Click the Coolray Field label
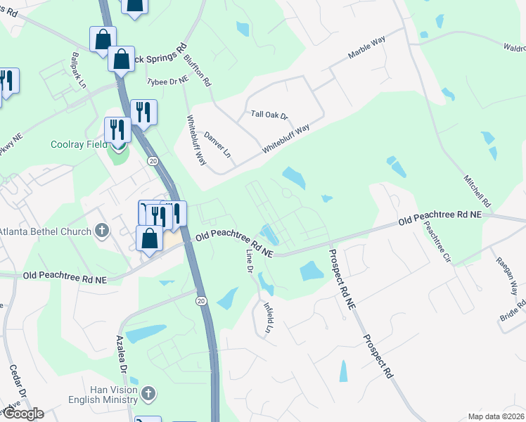click(x=77, y=145)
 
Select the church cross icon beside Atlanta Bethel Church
click(x=102, y=231)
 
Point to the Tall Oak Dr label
click(x=270, y=115)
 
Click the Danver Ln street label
click(x=217, y=143)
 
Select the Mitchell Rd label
click(x=477, y=190)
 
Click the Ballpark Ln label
click(x=77, y=68)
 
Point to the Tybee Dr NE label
click(x=167, y=82)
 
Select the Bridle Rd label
click(x=513, y=310)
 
